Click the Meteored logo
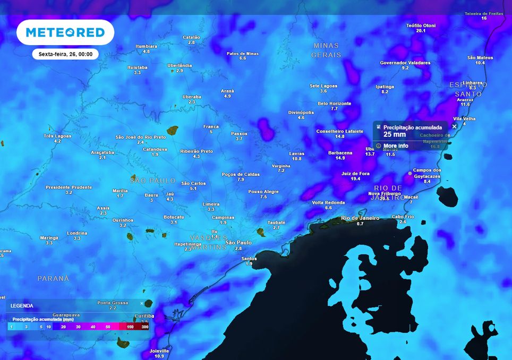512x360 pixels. coord(65,32)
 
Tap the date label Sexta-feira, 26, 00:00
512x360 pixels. coord(65,54)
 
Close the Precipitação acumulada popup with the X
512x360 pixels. coord(454,126)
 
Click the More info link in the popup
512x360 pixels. coord(396,145)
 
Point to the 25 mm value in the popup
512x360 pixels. coord(395,135)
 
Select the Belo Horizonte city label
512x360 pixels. coord(334,104)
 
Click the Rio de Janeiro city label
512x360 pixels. coord(360,218)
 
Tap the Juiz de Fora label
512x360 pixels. coord(355,173)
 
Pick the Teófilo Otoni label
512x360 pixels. coord(421,25)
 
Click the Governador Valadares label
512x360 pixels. coord(405,63)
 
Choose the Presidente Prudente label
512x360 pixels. coord(69,187)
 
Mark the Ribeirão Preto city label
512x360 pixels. coord(197,151)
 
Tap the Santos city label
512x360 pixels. coord(249,259)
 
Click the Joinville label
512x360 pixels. coord(159,351)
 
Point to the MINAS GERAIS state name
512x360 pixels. coord(326,50)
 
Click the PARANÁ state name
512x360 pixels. coord(53,278)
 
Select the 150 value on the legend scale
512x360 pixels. coord(130,327)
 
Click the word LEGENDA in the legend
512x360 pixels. coord(22,306)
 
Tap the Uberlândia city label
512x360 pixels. coord(180,65)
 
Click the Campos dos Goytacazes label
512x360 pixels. coord(426,173)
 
